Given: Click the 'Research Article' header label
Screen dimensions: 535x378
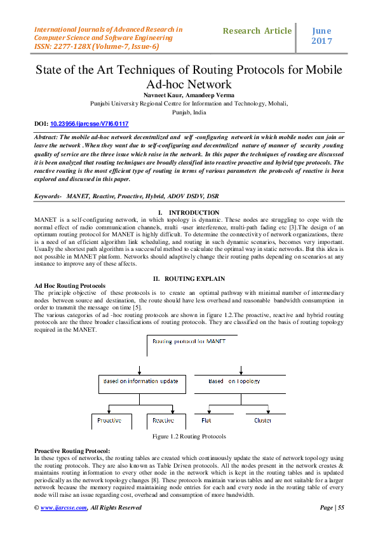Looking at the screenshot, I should (x=257, y=30).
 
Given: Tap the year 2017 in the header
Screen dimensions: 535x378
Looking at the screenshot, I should (x=322, y=41).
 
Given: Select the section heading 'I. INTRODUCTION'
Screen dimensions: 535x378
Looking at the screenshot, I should (x=189, y=212).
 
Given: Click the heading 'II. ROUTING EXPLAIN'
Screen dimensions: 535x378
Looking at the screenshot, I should (x=189, y=279).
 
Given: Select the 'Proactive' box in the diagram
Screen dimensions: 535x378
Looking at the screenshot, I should (x=110, y=421).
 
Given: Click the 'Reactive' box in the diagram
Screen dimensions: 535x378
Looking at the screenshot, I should (x=163, y=421).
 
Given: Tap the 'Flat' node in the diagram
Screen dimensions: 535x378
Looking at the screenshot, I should (x=206, y=420).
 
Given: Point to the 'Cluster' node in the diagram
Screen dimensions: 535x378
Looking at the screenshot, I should (x=262, y=420).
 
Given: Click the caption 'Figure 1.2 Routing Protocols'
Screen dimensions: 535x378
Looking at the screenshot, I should (x=189, y=437).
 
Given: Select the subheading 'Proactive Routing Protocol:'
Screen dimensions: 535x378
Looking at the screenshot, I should (x=72, y=450).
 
